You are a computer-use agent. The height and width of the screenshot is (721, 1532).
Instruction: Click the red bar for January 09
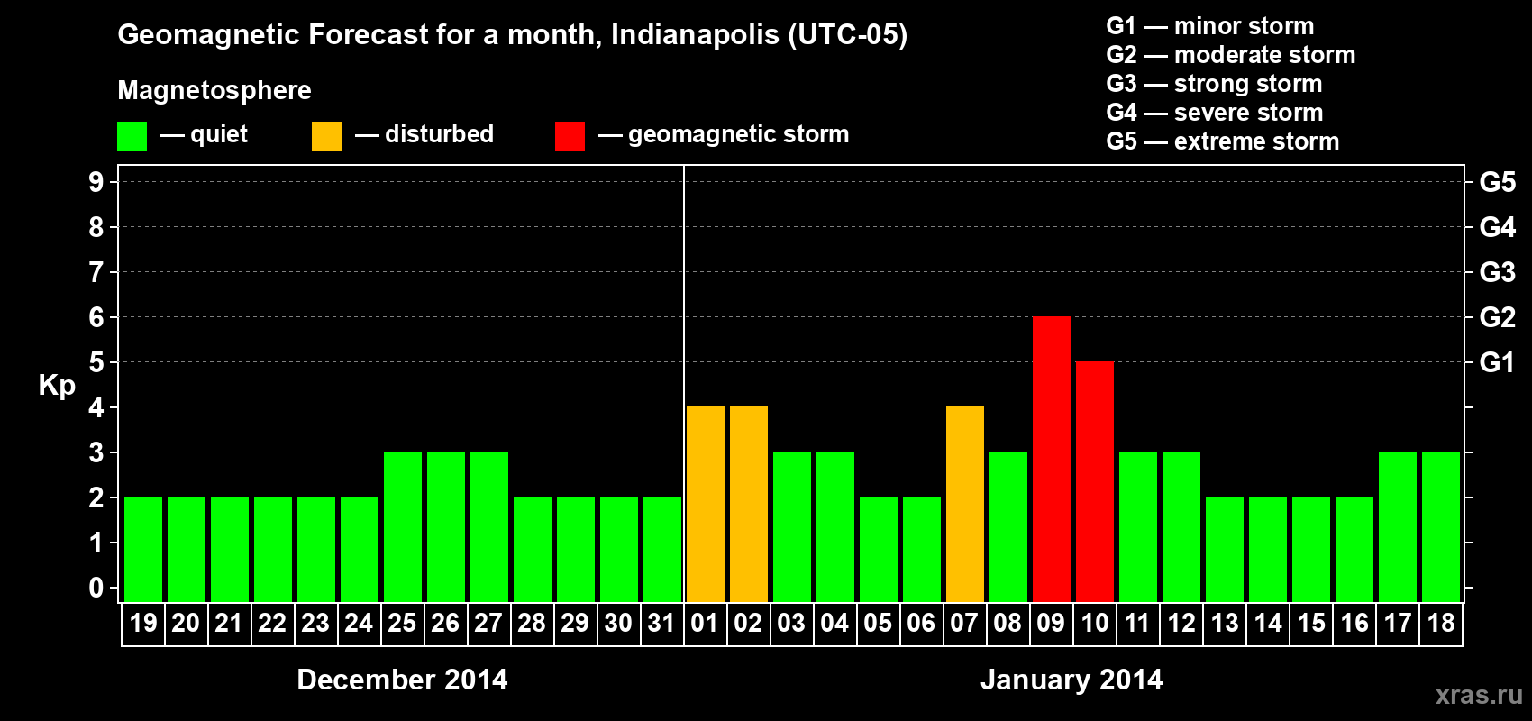(x=1051, y=459)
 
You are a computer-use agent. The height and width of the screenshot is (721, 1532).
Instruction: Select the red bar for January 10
(x=1094, y=481)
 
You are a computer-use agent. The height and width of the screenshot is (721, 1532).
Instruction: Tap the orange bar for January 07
(x=964, y=504)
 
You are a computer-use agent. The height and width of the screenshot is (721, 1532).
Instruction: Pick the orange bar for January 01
(x=705, y=504)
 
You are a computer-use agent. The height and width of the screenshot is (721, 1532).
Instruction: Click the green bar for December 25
(x=402, y=526)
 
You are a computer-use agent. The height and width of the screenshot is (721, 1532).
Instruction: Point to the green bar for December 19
(x=142, y=549)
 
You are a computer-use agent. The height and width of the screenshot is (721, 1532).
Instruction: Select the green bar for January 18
(x=1440, y=526)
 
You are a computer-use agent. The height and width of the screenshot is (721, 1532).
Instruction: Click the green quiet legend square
(x=132, y=136)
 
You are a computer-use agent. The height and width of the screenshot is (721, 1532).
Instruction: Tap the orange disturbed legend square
(x=326, y=136)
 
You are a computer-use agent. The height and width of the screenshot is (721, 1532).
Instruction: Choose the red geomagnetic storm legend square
(x=570, y=136)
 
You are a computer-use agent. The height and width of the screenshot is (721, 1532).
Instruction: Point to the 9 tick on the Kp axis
(x=96, y=182)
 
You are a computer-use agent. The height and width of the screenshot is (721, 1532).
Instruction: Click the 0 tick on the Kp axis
(x=96, y=589)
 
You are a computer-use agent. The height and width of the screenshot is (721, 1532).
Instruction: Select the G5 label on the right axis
(x=1497, y=182)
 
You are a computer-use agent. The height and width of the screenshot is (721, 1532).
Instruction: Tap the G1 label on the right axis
(x=1497, y=362)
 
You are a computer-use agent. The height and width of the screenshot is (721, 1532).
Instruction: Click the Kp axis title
(x=57, y=386)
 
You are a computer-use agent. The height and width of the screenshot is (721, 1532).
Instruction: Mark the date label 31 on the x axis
(x=661, y=623)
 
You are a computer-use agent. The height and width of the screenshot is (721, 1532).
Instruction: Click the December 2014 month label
(x=402, y=680)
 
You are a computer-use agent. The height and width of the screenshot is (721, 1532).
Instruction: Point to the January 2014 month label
(x=1071, y=680)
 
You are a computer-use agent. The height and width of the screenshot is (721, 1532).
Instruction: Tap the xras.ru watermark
(x=1478, y=695)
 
